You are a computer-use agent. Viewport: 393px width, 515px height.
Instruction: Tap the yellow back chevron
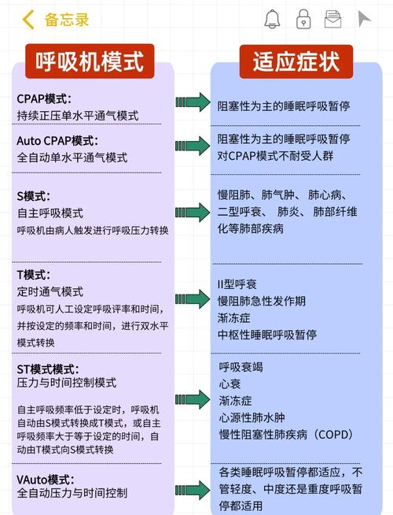click(x=28, y=20)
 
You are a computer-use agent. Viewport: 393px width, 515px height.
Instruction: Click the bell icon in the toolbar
click(x=272, y=19)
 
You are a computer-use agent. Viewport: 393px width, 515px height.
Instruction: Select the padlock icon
click(x=303, y=19)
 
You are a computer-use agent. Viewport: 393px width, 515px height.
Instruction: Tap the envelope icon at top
click(x=332, y=19)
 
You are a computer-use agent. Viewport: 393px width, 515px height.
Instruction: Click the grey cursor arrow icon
click(x=363, y=19)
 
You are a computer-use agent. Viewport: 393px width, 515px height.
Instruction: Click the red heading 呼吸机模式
click(x=90, y=61)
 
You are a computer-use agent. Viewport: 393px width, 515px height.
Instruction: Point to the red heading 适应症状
click(x=296, y=61)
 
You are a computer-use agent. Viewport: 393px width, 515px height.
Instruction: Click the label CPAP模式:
click(x=44, y=98)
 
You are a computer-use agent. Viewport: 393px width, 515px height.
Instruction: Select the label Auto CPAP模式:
click(x=57, y=141)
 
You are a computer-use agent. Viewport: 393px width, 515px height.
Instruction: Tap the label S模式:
click(x=34, y=196)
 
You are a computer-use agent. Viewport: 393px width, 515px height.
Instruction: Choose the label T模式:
click(x=34, y=275)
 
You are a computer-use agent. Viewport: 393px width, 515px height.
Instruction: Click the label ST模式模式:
click(x=48, y=369)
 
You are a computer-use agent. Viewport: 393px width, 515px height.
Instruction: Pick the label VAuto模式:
click(x=46, y=480)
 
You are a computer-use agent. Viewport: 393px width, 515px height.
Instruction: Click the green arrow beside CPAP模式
click(x=193, y=102)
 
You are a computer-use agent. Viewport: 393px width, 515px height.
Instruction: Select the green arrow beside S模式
click(x=193, y=213)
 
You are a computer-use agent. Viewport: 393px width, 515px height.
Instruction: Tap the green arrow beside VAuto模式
click(x=193, y=490)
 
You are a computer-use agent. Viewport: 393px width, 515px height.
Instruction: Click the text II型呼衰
click(x=237, y=284)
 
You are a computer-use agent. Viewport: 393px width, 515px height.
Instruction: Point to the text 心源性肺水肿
click(x=252, y=417)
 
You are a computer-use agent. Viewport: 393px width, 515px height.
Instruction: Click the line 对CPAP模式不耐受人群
click(x=275, y=155)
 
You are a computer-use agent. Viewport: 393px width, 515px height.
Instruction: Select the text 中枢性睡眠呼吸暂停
click(x=267, y=335)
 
